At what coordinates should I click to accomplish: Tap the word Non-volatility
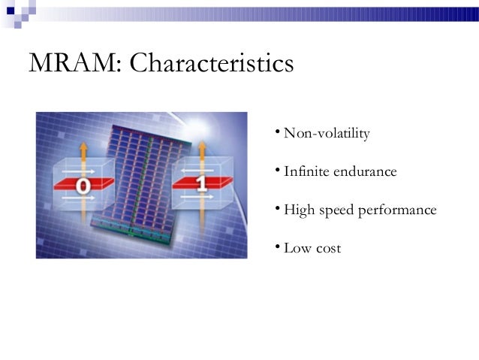tap(327, 134)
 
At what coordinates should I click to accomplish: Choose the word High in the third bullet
tap(300, 210)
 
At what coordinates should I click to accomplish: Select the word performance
tap(399, 210)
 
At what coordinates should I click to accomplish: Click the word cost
tap(328, 248)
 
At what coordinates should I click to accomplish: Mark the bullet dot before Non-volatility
tap(277, 133)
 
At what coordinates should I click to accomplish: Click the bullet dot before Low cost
tap(277, 247)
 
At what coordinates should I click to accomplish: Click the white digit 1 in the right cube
tap(200, 183)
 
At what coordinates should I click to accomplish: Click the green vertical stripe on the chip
tap(134, 188)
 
